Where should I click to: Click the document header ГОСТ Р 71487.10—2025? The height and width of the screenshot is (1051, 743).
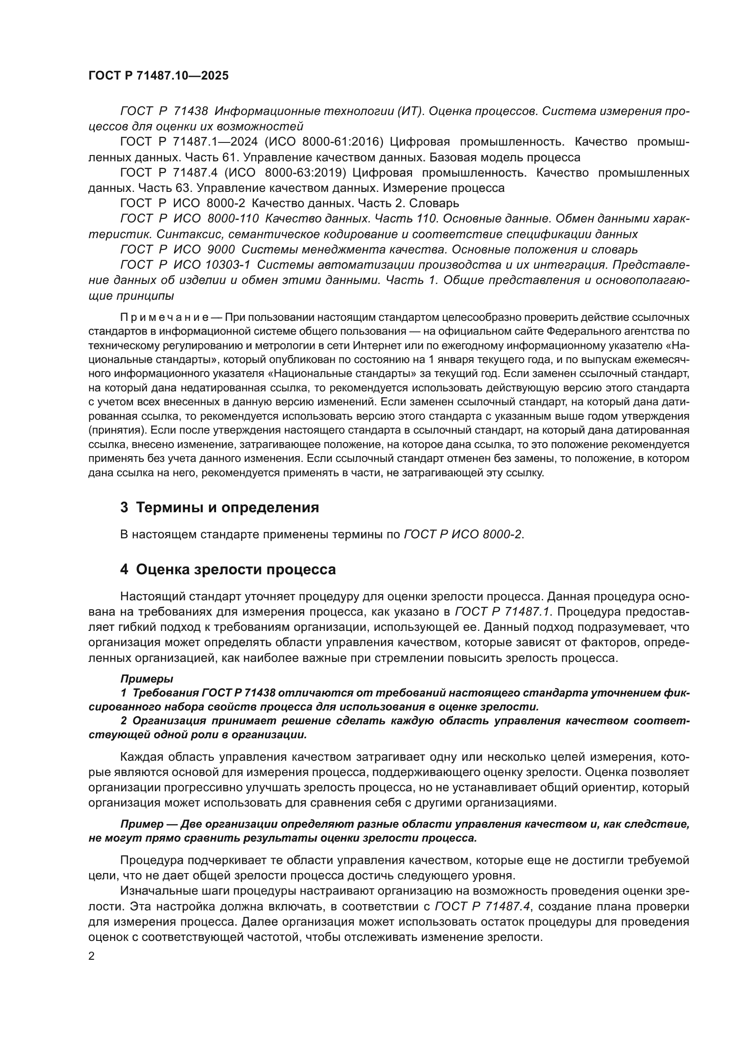click(x=158, y=76)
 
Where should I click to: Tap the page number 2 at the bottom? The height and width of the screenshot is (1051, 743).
click(x=92, y=956)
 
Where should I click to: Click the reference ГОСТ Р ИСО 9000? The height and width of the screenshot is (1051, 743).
click(x=177, y=250)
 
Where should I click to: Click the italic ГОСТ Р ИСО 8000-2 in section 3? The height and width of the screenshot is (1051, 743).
click(x=463, y=534)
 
